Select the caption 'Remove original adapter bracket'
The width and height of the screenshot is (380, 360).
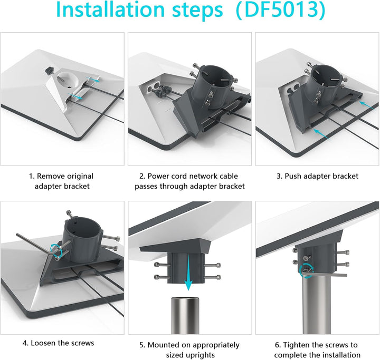click(x=62, y=181)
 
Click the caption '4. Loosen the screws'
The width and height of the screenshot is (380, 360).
click(x=58, y=343)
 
